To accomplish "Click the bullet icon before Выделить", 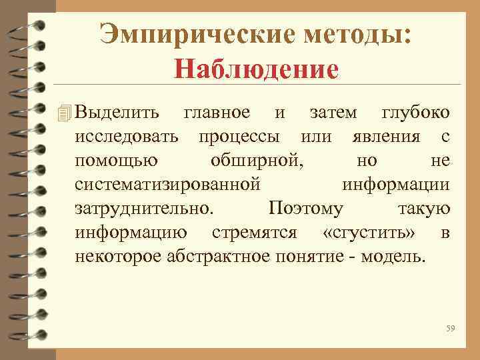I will click(x=63, y=114).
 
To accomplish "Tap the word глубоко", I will click(x=415, y=113).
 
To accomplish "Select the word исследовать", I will click(x=127, y=137).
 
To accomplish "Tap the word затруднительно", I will click(x=145, y=209).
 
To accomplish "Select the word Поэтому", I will click(x=305, y=209).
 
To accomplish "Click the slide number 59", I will click(x=451, y=328).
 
